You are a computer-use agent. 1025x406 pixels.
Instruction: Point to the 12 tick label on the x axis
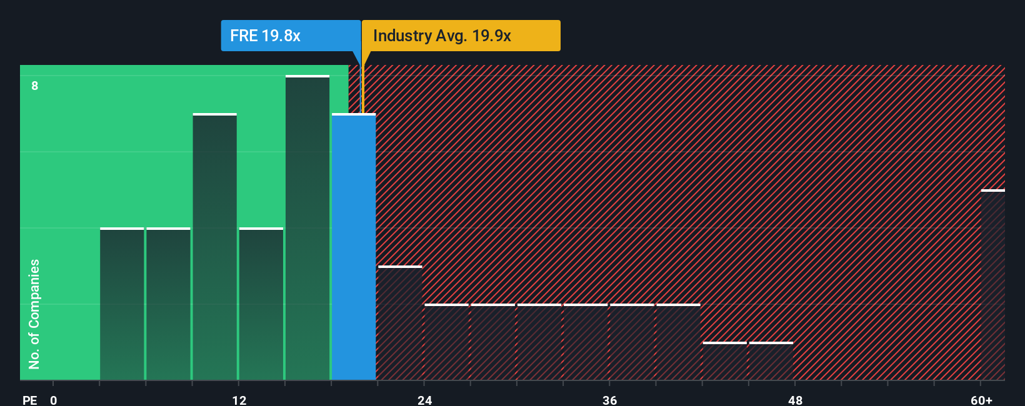coord(239,400)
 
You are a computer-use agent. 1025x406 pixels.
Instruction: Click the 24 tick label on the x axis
coord(425,400)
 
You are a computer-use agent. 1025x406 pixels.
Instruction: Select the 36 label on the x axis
coord(609,400)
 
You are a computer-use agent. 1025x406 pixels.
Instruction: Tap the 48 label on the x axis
coord(795,400)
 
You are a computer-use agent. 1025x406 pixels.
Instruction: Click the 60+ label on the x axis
coord(981,400)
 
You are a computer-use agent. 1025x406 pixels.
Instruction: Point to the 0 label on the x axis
coord(54,400)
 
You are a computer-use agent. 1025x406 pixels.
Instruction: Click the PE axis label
coord(30,400)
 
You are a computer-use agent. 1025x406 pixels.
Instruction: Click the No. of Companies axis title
coord(34,314)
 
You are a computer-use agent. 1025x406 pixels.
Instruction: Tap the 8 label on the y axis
coord(35,86)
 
